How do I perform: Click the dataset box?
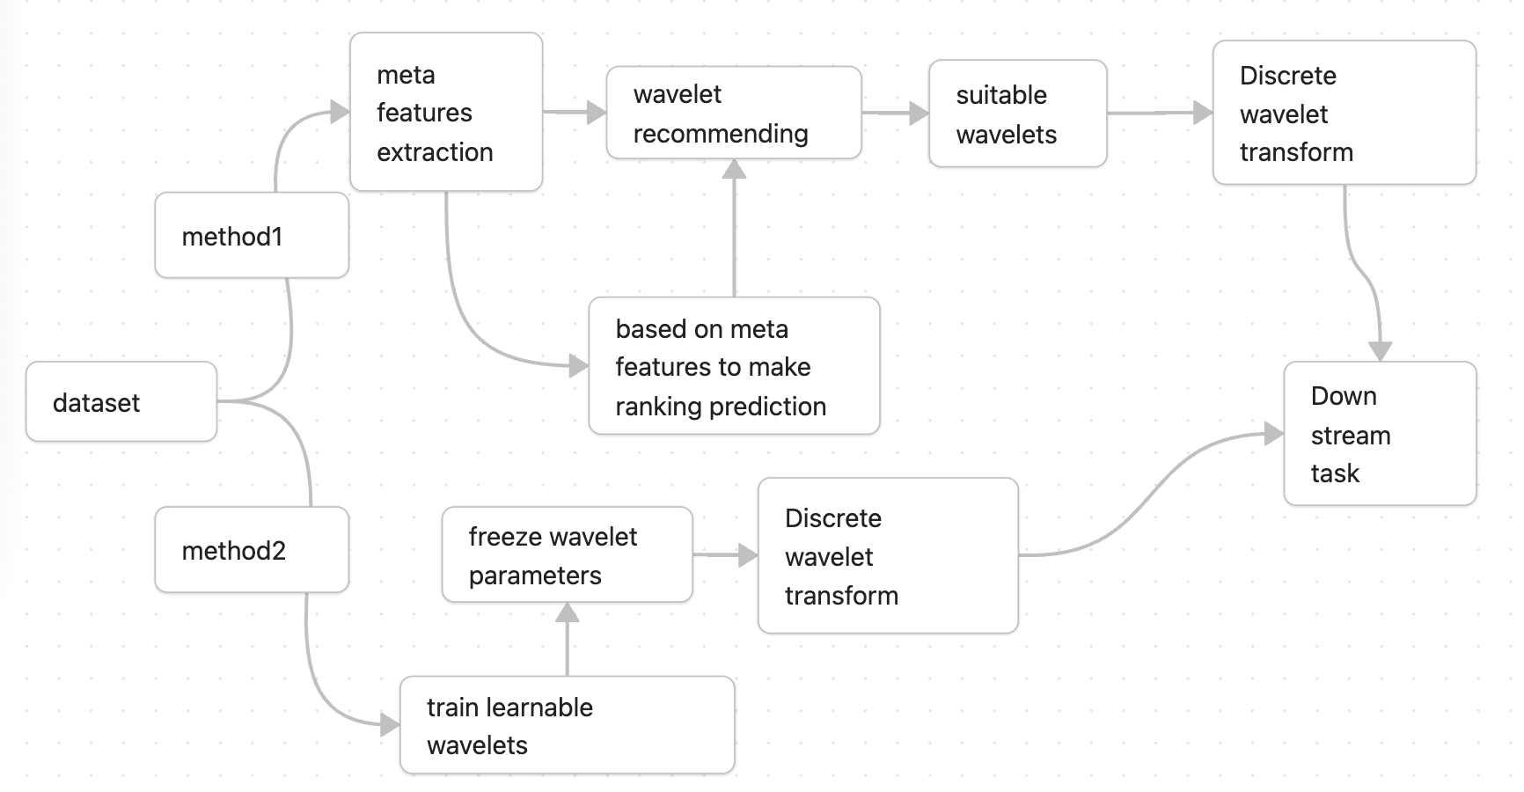pyautogui.click(x=121, y=402)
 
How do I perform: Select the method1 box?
pyautogui.click(x=252, y=236)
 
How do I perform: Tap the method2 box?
pyautogui.click(x=252, y=550)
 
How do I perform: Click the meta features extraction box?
pyautogui.click(x=446, y=113)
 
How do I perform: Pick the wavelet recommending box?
pyautogui.click(x=734, y=113)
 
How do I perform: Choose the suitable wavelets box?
pyautogui.click(x=1017, y=114)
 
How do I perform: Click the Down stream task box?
pyautogui.click(x=1380, y=434)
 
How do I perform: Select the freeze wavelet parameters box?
pyautogui.click(x=568, y=555)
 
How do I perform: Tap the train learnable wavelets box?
pyautogui.click(x=568, y=725)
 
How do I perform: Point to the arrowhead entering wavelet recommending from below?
pyautogui.click(x=735, y=169)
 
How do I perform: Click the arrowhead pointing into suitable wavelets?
pyautogui.click(x=919, y=113)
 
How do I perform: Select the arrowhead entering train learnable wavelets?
pyautogui.click(x=390, y=725)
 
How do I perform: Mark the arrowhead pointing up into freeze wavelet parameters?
pyautogui.click(x=568, y=612)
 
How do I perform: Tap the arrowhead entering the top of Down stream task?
pyautogui.click(x=1380, y=351)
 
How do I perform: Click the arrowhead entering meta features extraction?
pyautogui.click(x=340, y=112)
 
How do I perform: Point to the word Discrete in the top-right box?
pyautogui.click(x=1287, y=76)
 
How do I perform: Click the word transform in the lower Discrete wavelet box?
pyautogui.click(x=841, y=596)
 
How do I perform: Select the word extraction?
pyautogui.click(x=435, y=152)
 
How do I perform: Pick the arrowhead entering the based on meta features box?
pyautogui.click(x=578, y=365)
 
